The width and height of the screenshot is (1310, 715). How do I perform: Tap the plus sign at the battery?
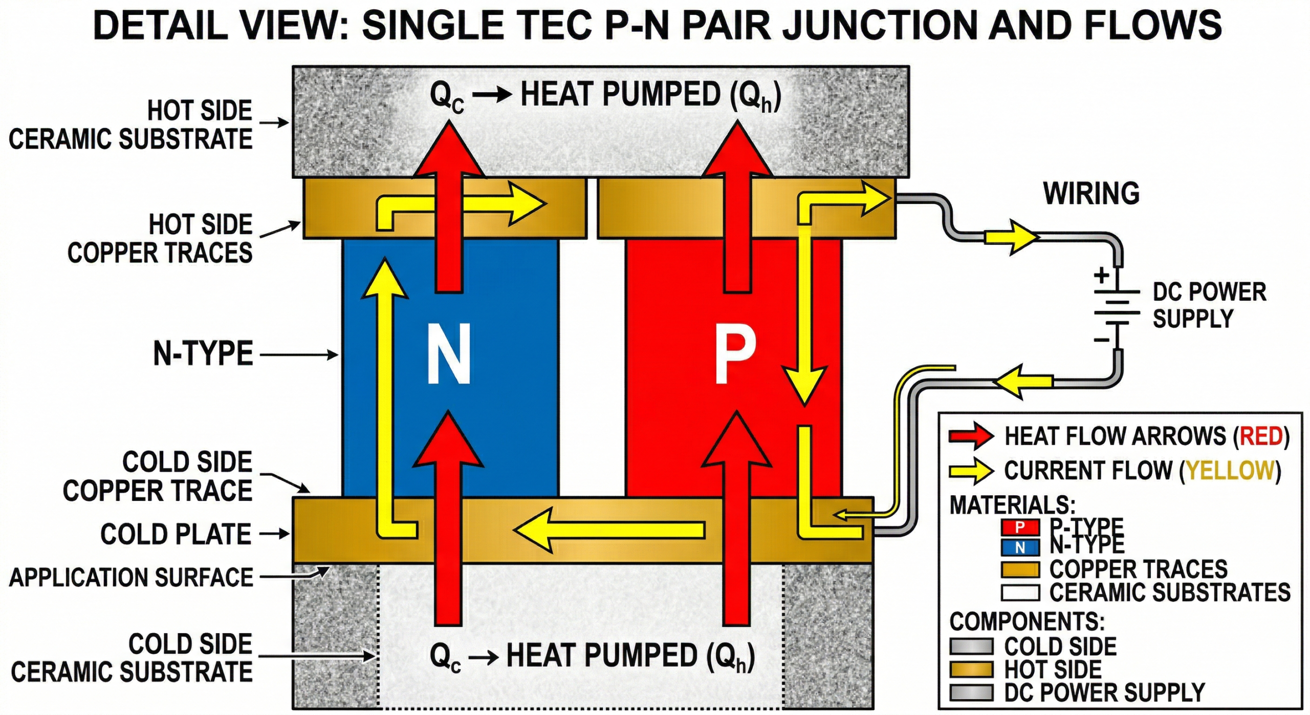[x=1101, y=276]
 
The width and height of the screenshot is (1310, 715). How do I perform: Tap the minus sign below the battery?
[x=1101, y=340]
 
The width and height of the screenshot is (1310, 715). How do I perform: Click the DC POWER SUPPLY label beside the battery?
[x=1209, y=305]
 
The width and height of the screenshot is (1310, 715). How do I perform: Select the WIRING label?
[x=1091, y=194]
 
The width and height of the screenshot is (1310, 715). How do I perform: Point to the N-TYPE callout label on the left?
[x=203, y=353]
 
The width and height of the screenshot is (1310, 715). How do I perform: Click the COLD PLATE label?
[x=176, y=534]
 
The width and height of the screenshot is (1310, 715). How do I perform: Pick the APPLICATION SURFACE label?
[x=131, y=577]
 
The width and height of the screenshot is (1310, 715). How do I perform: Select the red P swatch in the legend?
[x=1019, y=527]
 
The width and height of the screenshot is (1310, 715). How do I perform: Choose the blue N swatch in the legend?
[x=1019, y=548]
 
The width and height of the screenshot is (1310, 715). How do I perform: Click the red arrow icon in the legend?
[x=971, y=436]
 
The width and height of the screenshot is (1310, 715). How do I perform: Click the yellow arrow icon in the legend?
[x=971, y=471]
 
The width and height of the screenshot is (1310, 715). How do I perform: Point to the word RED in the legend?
[x=1260, y=436]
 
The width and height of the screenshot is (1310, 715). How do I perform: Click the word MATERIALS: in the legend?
[x=1012, y=505]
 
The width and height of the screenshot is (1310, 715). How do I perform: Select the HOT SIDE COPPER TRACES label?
[x=160, y=239]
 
